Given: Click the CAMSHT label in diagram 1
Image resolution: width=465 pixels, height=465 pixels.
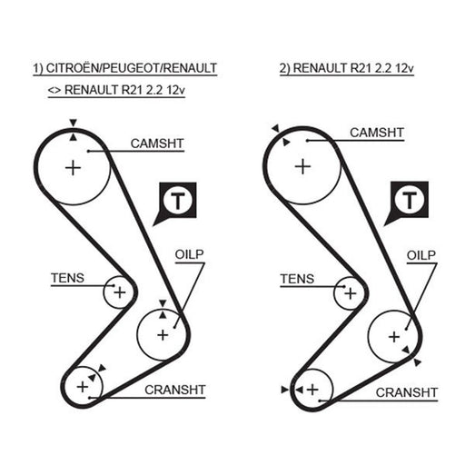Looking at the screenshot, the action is pos(157,143).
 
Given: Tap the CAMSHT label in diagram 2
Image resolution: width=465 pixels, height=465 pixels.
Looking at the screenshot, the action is pos(377,133).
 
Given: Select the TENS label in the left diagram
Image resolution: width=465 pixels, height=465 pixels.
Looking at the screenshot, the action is pos(67,278).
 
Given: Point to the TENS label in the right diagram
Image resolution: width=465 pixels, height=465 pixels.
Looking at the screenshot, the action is pos(297,279).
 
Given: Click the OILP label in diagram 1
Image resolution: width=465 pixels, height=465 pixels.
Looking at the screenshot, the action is pos(189,254).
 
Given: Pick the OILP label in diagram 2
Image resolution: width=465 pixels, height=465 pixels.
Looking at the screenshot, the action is pos(421,255).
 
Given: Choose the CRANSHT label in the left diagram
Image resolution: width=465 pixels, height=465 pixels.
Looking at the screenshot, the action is pos(175,390).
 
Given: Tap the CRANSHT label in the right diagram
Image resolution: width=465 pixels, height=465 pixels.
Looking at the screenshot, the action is pos(407,392).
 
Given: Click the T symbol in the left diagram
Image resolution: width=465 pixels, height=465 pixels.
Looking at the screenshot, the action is pos(178,200).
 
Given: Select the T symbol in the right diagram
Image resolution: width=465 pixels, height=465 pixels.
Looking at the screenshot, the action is pos(410,200).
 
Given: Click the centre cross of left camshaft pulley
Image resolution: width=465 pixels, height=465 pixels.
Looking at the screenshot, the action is pos(73,168).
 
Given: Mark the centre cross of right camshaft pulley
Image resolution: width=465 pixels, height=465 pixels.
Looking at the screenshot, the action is pos(302,167).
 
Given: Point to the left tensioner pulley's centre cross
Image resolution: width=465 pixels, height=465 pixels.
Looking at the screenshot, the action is pos(120,292).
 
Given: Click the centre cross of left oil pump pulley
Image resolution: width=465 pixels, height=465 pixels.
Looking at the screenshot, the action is pos(163,335).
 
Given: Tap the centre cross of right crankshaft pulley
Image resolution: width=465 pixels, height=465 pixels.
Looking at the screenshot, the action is pos(312,390).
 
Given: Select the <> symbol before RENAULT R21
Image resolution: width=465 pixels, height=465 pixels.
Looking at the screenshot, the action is pos(54,91).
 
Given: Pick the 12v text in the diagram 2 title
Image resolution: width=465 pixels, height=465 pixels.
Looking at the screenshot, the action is pos(404,68).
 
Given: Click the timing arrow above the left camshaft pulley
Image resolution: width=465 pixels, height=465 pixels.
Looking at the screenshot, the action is pos(73,123).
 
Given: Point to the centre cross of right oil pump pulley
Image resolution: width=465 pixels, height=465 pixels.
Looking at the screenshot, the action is pos(394,337).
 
